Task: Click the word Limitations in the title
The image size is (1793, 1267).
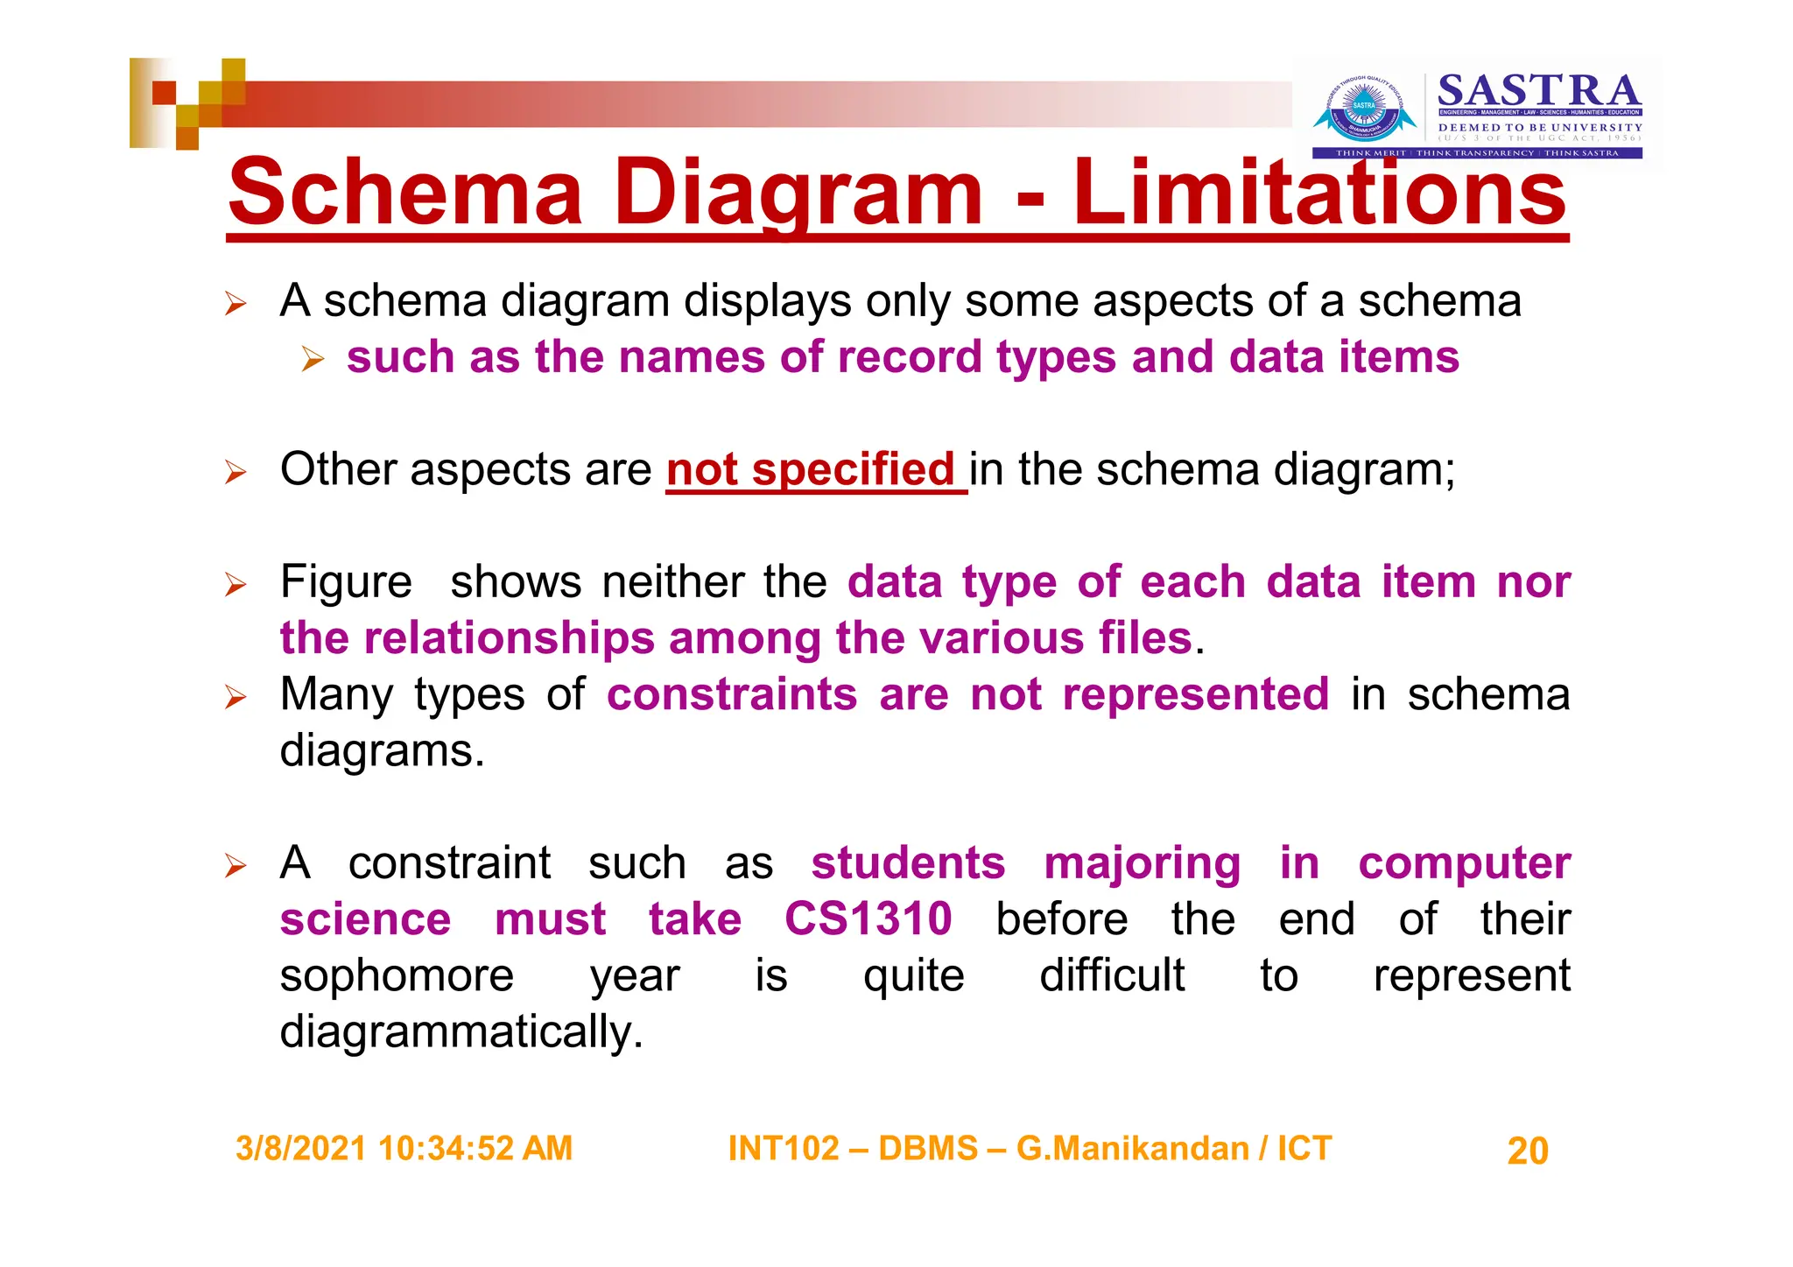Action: [x=1319, y=192]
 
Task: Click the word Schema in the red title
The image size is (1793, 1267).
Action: [x=404, y=192]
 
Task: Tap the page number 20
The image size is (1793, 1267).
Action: [x=1528, y=1151]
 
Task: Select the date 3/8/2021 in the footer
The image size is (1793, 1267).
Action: [x=300, y=1149]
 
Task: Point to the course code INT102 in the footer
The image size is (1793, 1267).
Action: [x=783, y=1149]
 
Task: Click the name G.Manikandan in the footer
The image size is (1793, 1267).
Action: [x=1132, y=1149]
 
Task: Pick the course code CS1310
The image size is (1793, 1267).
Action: [x=868, y=919]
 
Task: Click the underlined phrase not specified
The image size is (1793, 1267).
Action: [x=811, y=469]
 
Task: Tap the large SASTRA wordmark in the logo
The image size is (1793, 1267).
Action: [x=1539, y=91]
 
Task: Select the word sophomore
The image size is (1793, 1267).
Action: [x=397, y=975]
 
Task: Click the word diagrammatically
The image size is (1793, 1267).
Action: [x=461, y=1032]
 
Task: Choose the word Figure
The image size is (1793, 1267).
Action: [x=346, y=582]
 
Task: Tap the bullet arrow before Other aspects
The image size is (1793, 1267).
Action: [x=236, y=473]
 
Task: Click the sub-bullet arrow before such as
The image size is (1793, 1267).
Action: [x=313, y=359]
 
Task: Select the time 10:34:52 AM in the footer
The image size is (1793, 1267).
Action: [x=475, y=1149]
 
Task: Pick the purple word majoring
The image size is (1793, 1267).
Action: [x=1143, y=864]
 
